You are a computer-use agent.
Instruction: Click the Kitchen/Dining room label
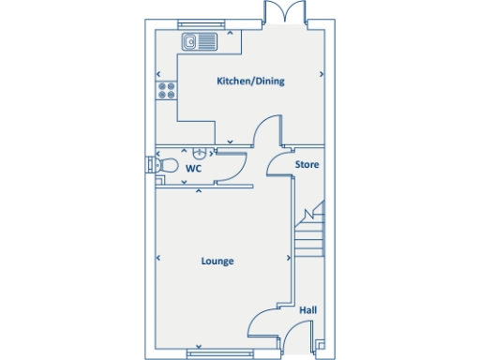click(x=250, y=82)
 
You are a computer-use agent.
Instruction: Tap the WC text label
click(x=194, y=169)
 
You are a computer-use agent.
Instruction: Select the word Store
click(x=307, y=165)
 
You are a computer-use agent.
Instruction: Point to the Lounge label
click(x=217, y=262)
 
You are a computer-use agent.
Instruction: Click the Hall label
click(x=307, y=309)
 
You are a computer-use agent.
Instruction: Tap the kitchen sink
click(x=199, y=40)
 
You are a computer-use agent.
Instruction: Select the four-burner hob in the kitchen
click(x=167, y=91)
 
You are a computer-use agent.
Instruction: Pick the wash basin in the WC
click(x=198, y=154)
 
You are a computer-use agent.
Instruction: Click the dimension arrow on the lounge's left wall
click(x=158, y=259)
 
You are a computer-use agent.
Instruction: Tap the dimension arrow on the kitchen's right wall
click(x=322, y=73)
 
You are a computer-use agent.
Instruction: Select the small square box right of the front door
click(x=321, y=344)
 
